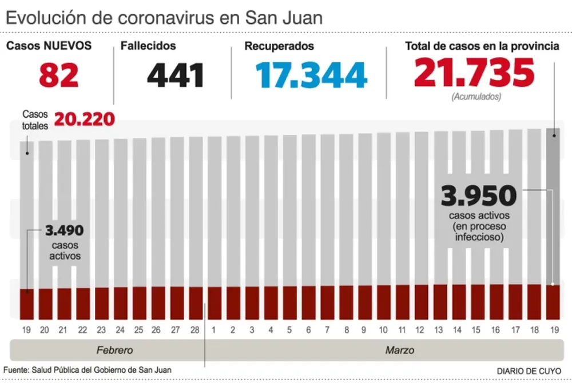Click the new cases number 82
[x=59, y=75]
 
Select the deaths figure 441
[x=176, y=75]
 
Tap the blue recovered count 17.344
[x=311, y=75]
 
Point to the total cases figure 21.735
[x=474, y=73]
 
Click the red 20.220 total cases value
[x=84, y=120]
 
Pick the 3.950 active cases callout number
[x=479, y=197]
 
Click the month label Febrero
[x=114, y=350]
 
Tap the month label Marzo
[x=400, y=350]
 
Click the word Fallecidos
[x=148, y=46]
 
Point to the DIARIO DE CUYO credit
[x=529, y=371]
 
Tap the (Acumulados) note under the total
[x=476, y=97]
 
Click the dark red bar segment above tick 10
[x=384, y=302]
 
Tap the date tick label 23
[x=101, y=330]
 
